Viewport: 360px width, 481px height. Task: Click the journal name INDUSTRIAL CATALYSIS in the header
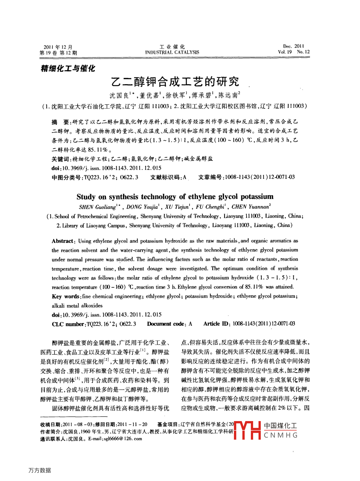172,52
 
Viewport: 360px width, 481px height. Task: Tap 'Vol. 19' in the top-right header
285,52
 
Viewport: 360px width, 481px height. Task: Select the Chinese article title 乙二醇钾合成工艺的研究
175,82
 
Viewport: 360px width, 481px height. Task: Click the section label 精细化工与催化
68,68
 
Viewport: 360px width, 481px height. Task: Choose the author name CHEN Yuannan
250,207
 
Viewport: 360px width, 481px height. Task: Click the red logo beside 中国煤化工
247,430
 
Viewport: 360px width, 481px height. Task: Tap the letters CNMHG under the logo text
281,435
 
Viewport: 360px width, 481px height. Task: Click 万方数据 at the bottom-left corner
40,470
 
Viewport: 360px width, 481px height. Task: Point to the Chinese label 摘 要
61,122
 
